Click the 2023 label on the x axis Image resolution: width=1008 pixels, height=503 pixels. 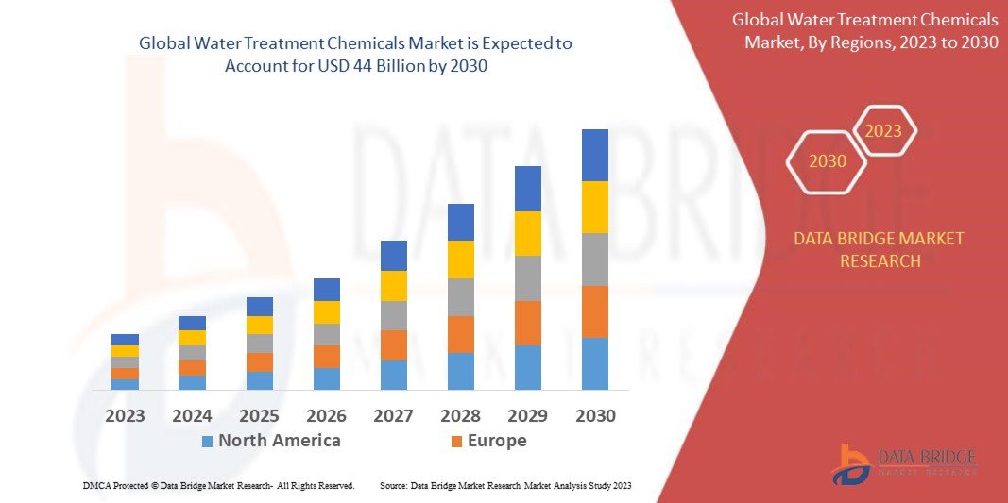pyautogui.click(x=125, y=415)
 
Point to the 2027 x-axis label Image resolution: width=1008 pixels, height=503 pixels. pyautogui.click(x=394, y=415)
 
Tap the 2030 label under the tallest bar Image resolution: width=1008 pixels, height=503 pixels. pyautogui.click(x=595, y=415)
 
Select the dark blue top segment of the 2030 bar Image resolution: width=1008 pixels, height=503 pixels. pyautogui.click(x=595, y=155)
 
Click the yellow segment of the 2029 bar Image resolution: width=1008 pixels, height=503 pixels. pyautogui.click(x=528, y=233)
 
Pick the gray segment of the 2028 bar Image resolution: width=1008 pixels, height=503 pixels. pyautogui.click(x=461, y=297)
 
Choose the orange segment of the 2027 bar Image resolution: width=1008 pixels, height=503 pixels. pyautogui.click(x=394, y=344)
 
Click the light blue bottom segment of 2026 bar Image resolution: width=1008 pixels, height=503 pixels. pyautogui.click(x=327, y=378)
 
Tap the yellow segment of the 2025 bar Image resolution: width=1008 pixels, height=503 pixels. pyautogui.click(x=260, y=325)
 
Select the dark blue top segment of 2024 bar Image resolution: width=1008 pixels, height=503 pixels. pyautogui.click(x=192, y=323)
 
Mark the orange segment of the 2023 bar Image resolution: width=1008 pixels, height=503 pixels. pyautogui.click(x=125, y=374)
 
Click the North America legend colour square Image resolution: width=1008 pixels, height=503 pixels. pyautogui.click(x=207, y=441)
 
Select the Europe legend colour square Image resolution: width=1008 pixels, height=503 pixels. pyautogui.click(x=456, y=441)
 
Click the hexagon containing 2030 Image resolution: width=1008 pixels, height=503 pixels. pyautogui.click(x=828, y=161)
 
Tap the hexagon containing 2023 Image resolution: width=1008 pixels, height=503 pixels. pyautogui.click(x=883, y=131)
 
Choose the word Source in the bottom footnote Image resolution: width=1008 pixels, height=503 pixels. pyautogui.click(x=393, y=485)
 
